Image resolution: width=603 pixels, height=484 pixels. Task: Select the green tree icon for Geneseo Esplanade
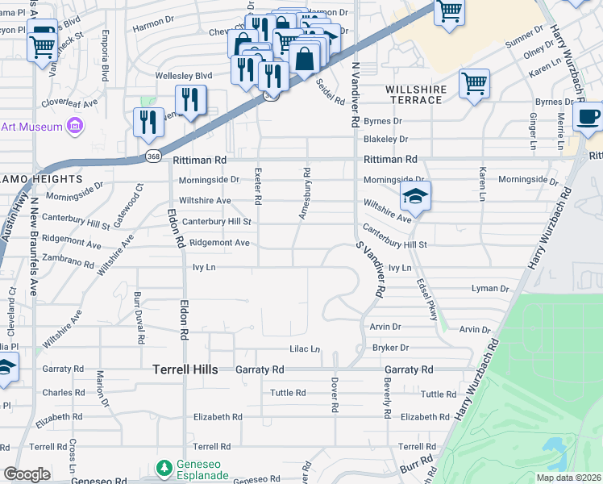click(x=164, y=468)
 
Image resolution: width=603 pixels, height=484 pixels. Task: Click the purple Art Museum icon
click(x=75, y=126)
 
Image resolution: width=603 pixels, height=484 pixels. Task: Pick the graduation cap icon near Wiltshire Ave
click(x=415, y=195)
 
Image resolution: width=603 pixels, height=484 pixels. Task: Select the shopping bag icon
click(x=306, y=58)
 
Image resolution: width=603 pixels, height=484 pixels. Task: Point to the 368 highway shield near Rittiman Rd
click(x=152, y=155)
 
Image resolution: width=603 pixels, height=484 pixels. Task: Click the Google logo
click(x=27, y=474)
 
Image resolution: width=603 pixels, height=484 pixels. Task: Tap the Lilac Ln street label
click(x=305, y=349)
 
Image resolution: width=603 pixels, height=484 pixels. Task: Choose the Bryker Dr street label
click(x=390, y=348)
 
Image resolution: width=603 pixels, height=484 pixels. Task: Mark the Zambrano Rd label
click(x=70, y=262)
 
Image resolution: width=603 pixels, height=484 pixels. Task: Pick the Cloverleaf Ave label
click(x=69, y=103)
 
